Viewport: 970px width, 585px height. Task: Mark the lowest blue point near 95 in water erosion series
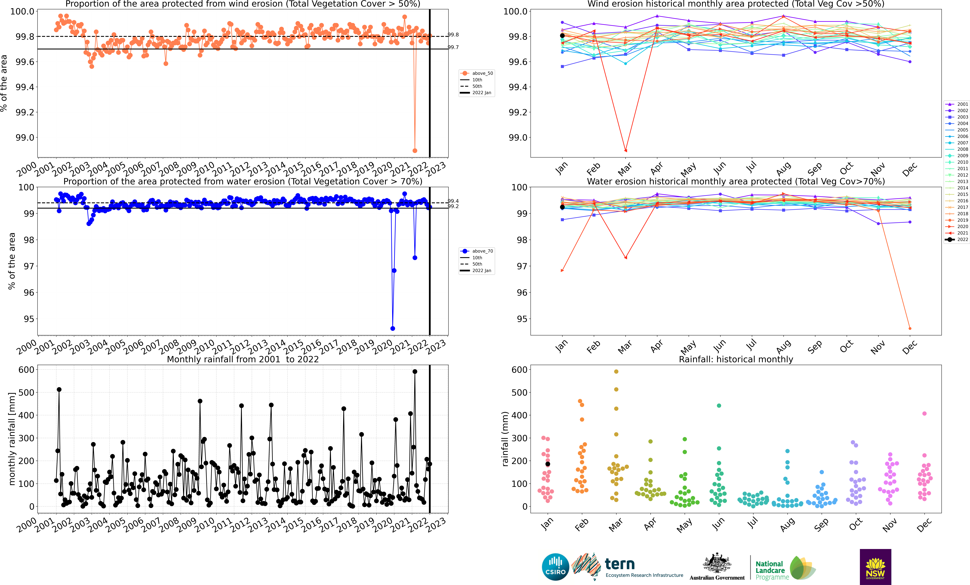coord(392,329)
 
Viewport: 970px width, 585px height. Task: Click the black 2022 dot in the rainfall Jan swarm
coord(548,464)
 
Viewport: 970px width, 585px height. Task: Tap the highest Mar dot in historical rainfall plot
coord(616,371)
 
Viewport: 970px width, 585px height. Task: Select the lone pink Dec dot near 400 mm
coord(924,413)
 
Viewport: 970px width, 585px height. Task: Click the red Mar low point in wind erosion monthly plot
coord(626,151)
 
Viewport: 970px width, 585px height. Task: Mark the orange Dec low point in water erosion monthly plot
coord(910,329)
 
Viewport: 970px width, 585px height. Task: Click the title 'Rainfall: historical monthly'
coord(736,359)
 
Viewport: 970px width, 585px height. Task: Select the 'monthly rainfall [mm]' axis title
coord(12,439)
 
